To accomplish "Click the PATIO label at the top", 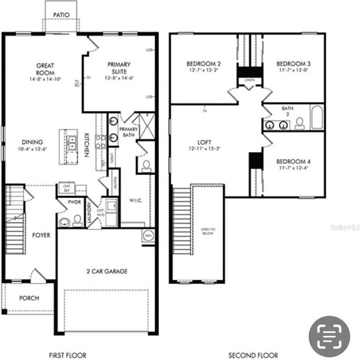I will tap(61, 14).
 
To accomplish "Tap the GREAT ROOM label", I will tap(45, 69).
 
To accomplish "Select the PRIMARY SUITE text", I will tap(119, 68).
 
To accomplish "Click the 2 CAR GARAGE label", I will tap(107, 271).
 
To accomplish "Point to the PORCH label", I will tap(29, 298).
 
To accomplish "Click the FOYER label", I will tap(41, 235).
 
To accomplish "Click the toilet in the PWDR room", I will tap(78, 220).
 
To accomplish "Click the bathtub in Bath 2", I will tap(317, 117).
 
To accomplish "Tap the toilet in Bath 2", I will tap(300, 123).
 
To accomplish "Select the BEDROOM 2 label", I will tap(203, 64).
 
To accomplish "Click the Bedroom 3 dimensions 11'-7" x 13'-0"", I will tap(294, 70).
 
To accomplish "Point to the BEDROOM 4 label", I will tap(293, 161).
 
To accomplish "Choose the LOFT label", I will tap(205, 143).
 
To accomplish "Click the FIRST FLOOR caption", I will tap(67, 355).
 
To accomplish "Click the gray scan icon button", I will tap(329, 336).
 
